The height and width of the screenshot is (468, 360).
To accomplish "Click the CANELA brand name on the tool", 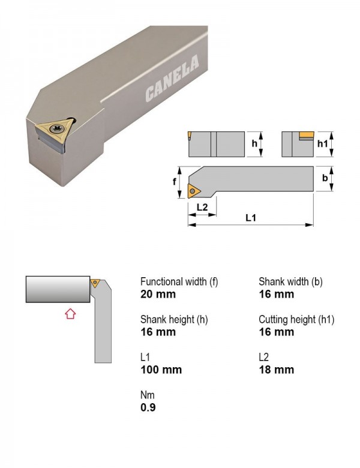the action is coord(172,79).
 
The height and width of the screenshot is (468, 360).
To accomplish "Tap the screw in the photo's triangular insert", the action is coord(56,128).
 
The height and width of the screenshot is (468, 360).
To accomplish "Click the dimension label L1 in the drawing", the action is coord(251,218).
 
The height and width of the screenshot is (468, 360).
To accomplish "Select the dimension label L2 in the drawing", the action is coord(202,207).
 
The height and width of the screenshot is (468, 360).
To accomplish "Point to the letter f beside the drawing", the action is coord(175,181).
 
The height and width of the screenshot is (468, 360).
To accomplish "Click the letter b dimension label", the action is coord(325,178).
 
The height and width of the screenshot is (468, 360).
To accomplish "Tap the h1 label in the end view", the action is coord(322,144).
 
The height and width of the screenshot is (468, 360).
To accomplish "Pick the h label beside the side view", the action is coord(254,143).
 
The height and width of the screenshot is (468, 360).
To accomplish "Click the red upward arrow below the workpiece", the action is coord(70,314).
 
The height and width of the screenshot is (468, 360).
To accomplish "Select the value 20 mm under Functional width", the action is coord(158,294).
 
